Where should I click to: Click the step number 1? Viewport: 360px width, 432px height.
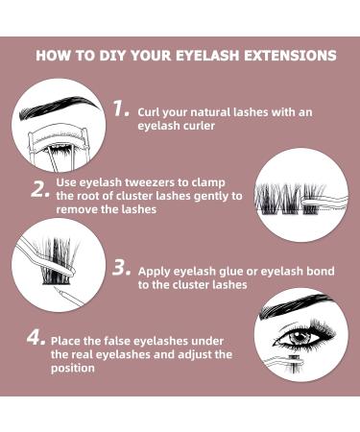point(119,108)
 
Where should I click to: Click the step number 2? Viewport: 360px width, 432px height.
point(39,188)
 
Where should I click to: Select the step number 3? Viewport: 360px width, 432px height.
point(120,269)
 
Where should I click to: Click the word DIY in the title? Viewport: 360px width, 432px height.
point(111,56)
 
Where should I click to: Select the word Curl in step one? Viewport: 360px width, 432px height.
point(151,111)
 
